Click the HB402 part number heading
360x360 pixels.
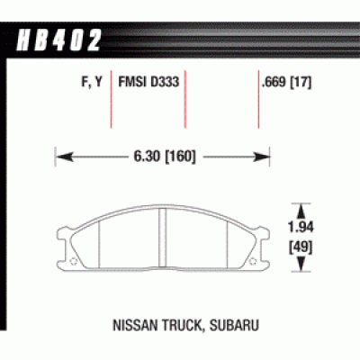click(58, 40)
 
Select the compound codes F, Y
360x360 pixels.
click(92, 82)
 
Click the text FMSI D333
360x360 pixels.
click(148, 82)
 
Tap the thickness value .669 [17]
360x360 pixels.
click(286, 82)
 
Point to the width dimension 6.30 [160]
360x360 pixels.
click(165, 157)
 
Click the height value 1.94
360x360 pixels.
click(301, 228)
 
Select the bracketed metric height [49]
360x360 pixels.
click(301, 247)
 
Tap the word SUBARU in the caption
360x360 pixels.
click(234, 325)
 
